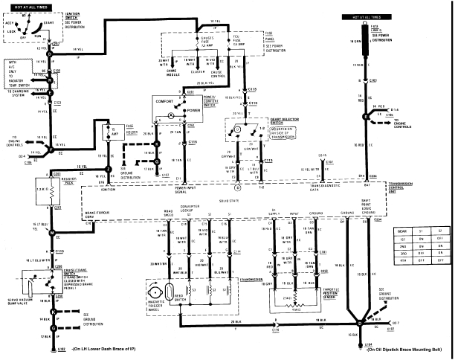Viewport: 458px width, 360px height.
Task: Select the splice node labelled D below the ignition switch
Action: pos(51,55)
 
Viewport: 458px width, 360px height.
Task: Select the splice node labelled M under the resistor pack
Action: pos(51,233)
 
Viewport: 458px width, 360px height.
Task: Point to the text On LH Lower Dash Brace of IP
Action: pos(106,348)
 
